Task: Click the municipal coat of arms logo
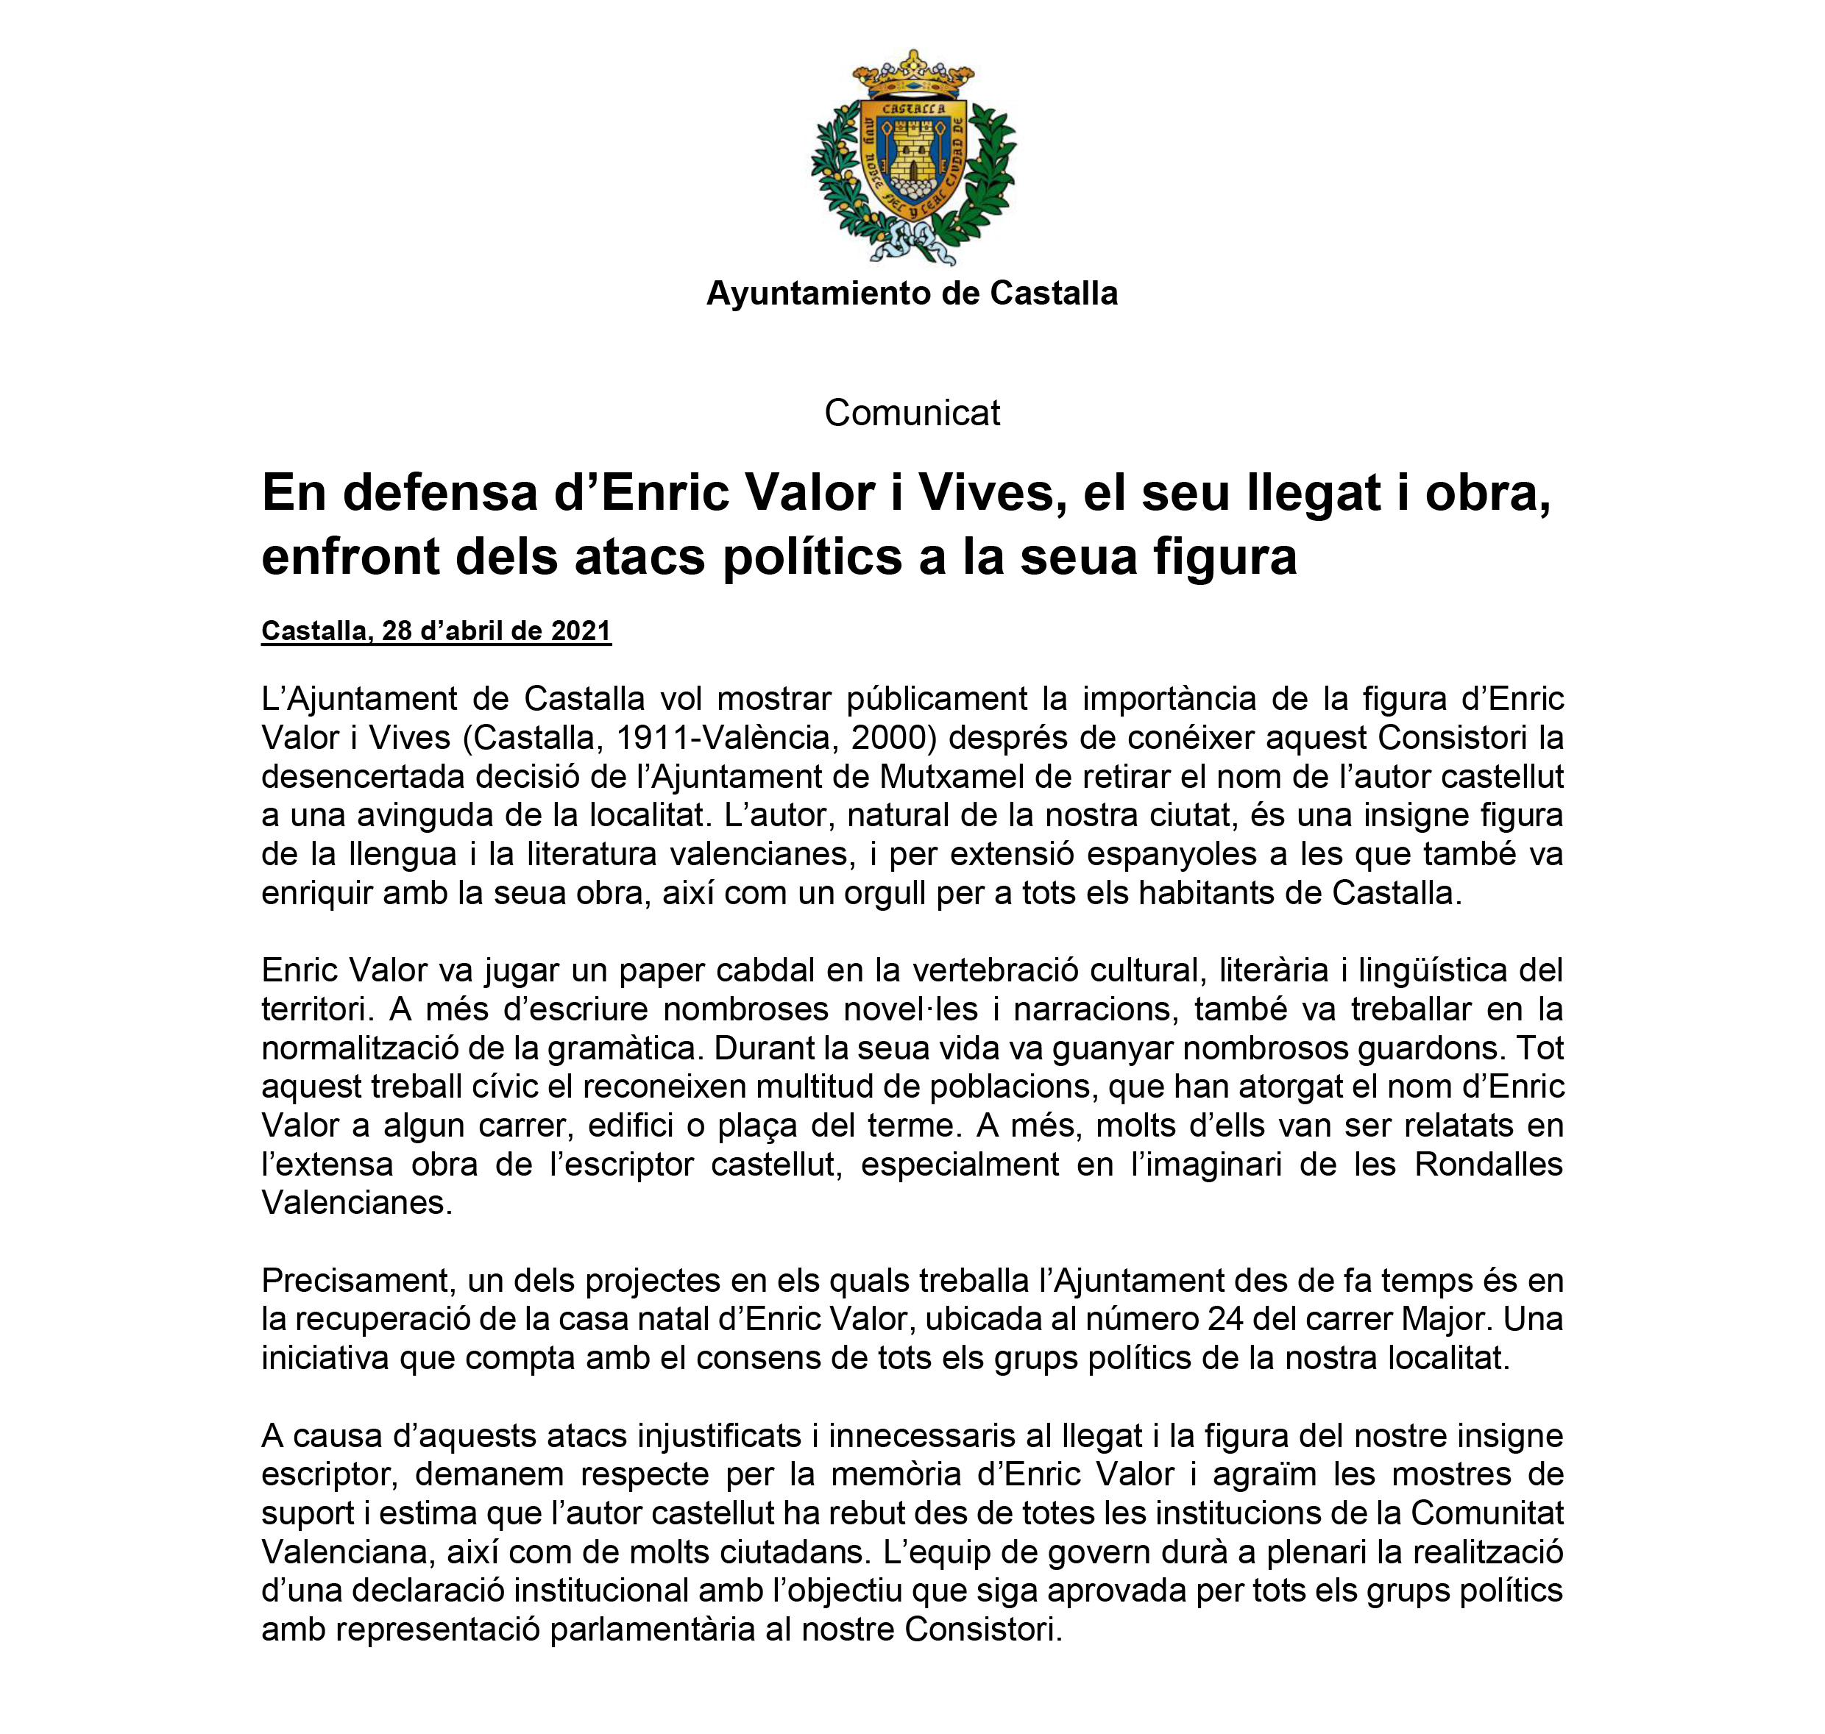pos(912,157)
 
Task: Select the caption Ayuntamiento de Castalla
pos(912,294)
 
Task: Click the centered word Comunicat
pos(912,413)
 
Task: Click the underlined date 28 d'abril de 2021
pos(497,631)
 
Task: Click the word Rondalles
pos(1489,1165)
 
